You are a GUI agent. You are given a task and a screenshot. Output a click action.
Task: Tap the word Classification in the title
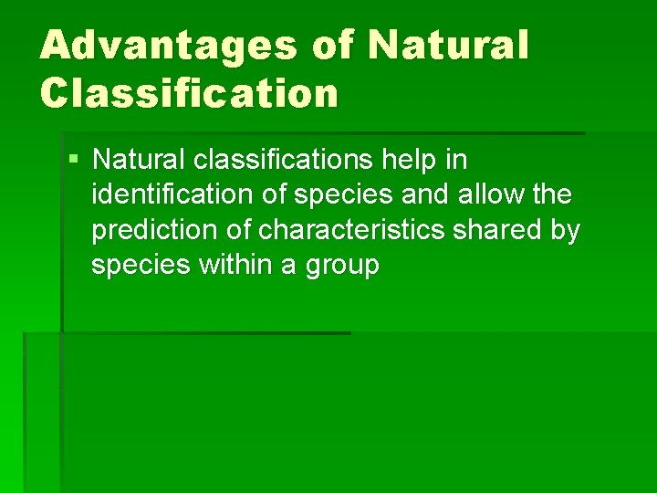pos(189,92)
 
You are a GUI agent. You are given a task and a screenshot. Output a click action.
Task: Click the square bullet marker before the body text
pos(74,161)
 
